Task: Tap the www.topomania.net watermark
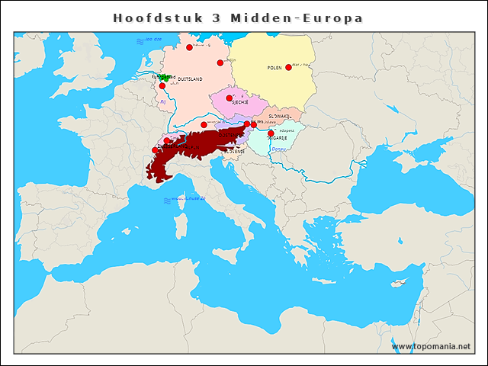click(431, 346)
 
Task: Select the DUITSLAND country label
click(190, 79)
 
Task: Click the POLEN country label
click(274, 68)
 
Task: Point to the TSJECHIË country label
click(241, 101)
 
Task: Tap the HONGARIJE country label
click(276, 138)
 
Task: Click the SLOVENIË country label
click(234, 152)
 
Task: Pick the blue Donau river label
click(280, 149)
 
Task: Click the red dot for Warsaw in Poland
click(288, 68)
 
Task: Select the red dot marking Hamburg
click(189, 47)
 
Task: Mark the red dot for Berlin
click(220, 63)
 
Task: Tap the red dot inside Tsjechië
click(229, 98)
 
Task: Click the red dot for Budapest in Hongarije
click(271, 133)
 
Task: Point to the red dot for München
click(204, 124)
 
